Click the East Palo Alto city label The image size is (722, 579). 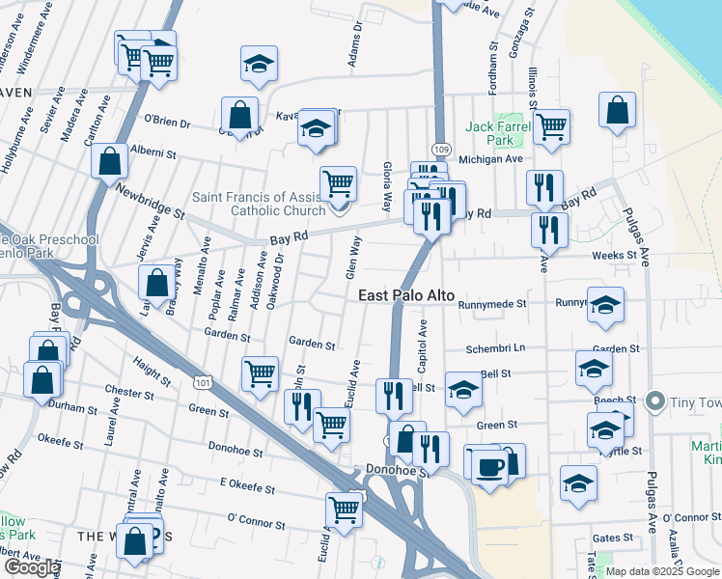(x=405, y=295)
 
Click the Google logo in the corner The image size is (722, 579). (x=31, y=567)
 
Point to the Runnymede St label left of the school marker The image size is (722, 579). (x=493, y=303)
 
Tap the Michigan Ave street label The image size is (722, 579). (x=490, y=158)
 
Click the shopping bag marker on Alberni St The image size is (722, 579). (x=110, y=160)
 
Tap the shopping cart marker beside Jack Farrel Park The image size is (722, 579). (x=551, y=125)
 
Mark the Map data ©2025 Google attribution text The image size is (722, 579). (x=662, y=571)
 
